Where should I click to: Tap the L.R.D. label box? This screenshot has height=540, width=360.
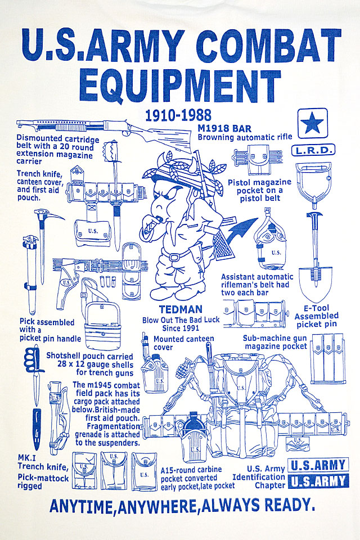tap(313, 150)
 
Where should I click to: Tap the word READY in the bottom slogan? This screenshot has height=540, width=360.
tap(286, 506)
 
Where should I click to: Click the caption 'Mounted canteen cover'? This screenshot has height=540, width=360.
tap(175, 343)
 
